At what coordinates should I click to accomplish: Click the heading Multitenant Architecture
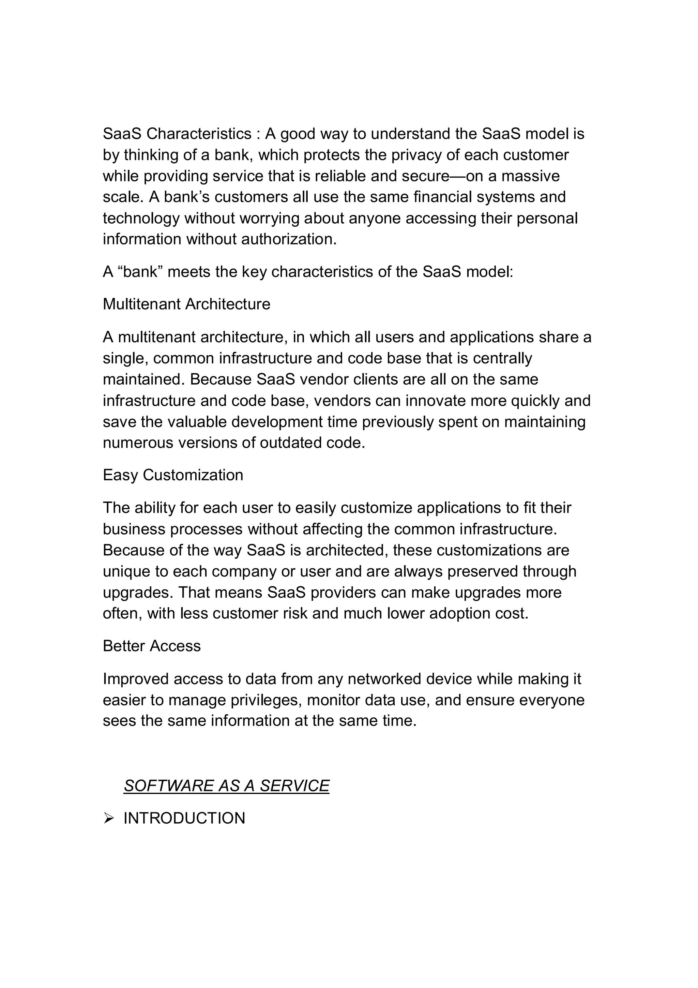(186, 304)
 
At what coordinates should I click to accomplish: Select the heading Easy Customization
(173, 475)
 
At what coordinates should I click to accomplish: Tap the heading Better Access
(151, 646)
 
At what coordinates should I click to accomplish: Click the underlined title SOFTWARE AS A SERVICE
(226, 786)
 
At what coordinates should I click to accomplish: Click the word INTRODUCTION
(184, 819)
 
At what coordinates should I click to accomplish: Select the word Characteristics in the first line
(199, 134)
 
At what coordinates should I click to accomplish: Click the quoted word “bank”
(140, 272)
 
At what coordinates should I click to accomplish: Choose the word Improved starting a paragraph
(136, 679)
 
